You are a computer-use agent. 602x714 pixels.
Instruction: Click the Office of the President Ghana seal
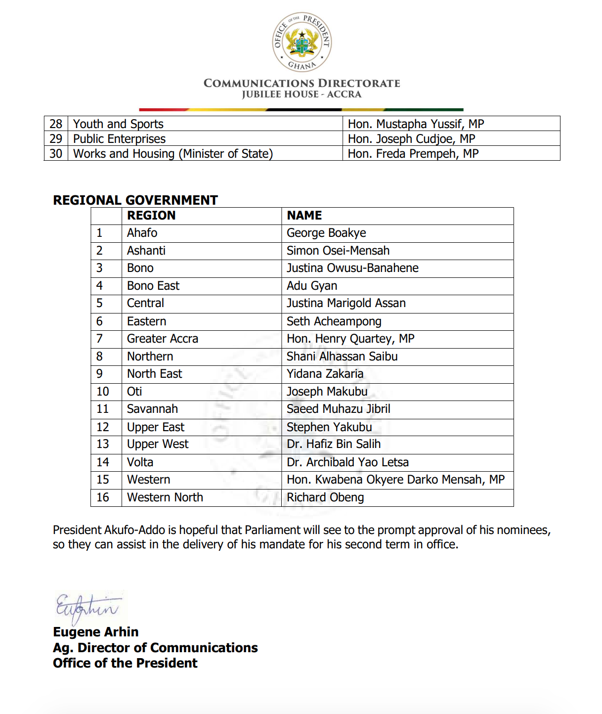(301, 42)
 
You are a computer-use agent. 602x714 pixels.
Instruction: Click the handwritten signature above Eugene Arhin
(87, 608)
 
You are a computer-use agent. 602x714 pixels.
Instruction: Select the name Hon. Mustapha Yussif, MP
(416, 124)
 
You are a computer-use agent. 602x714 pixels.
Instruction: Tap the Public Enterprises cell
(119, 138)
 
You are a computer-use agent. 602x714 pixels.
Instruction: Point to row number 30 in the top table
(56, 153)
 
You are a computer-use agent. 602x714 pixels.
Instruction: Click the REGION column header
(151, 216)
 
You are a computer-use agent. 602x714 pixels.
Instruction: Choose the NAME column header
(304, 216)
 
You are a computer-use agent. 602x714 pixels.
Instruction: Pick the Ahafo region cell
(142, 233)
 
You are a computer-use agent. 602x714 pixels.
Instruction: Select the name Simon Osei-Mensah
(338, 251)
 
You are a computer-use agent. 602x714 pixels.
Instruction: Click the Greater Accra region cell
(163, 339)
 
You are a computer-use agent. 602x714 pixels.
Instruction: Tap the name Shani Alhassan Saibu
(342, 357)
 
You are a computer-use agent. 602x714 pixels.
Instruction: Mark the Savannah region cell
(152, 409)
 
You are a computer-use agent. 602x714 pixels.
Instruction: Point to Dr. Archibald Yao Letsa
(347, 462)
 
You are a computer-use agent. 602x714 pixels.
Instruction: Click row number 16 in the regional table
(103, 497)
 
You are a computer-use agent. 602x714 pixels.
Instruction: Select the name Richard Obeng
(325, 497)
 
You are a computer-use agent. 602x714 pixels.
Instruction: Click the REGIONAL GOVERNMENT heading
(135, 200)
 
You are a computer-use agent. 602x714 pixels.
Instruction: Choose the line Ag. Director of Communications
(155, 648)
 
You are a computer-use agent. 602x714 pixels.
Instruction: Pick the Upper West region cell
(158, 444)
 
